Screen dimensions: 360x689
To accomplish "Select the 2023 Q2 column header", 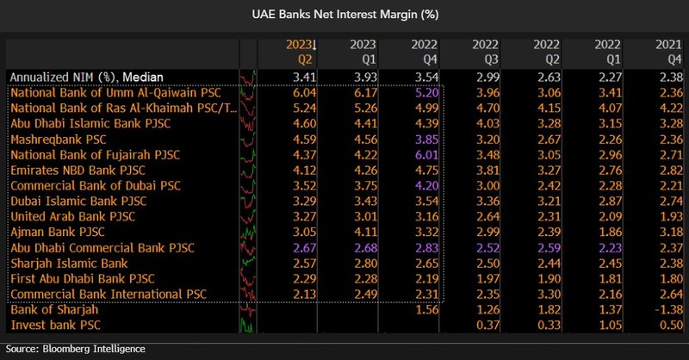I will coord(302,53).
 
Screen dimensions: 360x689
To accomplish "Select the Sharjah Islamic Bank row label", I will coord(68,263).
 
